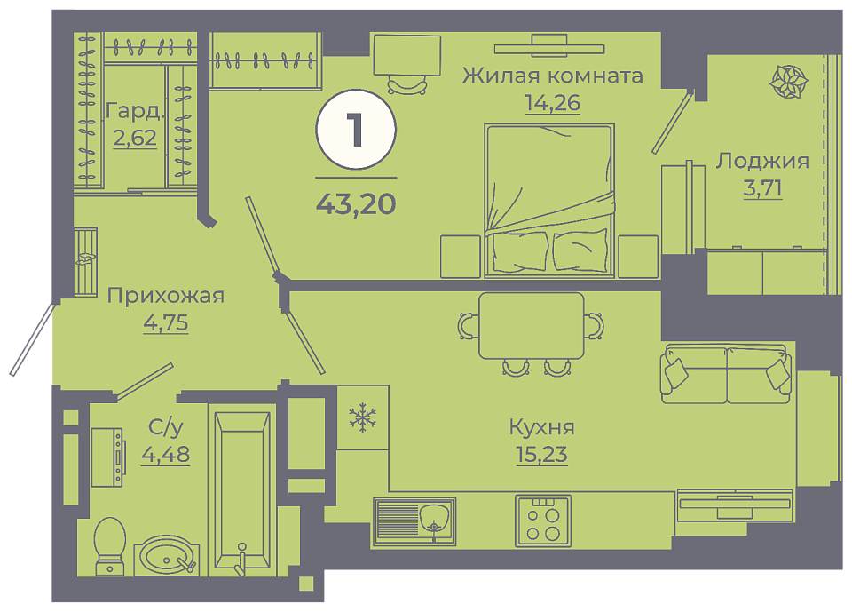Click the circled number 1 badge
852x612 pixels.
[x=356, y=130]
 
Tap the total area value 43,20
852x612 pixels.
[x=356, y=204]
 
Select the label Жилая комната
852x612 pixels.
[x=553, y=76]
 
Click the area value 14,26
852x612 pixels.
[x=553, y=102]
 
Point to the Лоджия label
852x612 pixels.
[x=762, y=161]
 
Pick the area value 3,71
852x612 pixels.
[x=762, y=187]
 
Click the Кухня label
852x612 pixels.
[x=541, y=427]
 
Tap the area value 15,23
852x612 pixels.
[x=541, y=454]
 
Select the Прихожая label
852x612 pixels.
[x=166, y=296]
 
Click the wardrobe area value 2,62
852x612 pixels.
[x=135, y=137]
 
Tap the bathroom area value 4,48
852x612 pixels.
[x=166, y=454]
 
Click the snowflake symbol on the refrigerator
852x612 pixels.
[x=362, y=417]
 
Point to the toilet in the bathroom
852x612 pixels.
[x=110, y=546]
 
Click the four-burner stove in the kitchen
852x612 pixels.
[x=543, y=521]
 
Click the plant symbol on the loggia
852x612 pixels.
[x=788, y=82]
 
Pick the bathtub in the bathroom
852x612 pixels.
[x=242, y=491]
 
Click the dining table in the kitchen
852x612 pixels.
[x=532, y=326]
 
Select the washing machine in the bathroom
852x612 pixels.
[x=107, y=457]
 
